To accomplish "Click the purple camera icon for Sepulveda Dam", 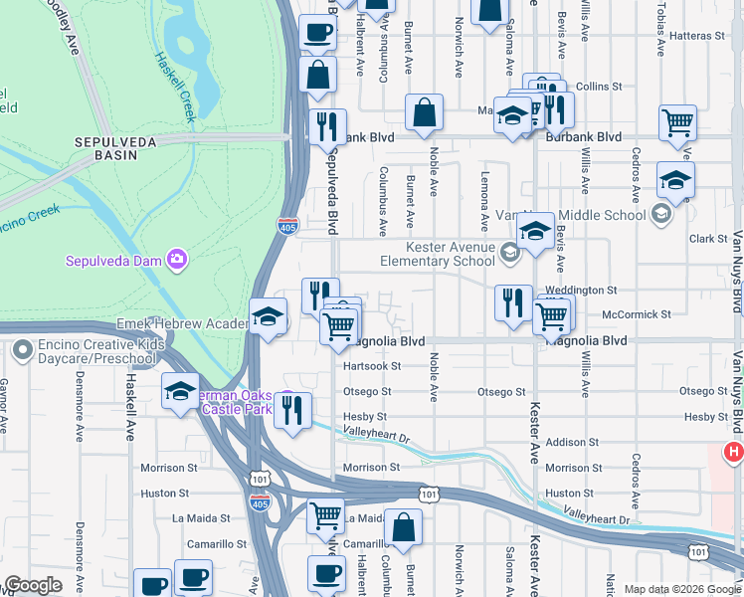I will tap(177, 260).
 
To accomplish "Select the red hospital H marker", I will tap(734, 453).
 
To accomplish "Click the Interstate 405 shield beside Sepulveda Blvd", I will tap(287, 227).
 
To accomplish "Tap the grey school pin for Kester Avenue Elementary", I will tap(509, 254).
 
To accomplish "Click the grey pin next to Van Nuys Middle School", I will tap(660, 214).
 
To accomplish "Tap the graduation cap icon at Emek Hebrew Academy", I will tap(268, 319).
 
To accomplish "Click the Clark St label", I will tap(707, 239).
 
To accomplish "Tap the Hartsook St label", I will tap(370, 365).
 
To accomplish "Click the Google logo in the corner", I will tap(34, 584).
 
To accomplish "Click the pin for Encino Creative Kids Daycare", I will tap(22, 350).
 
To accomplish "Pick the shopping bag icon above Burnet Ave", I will tap(424, 114).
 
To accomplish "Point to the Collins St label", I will tap(598, 87).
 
